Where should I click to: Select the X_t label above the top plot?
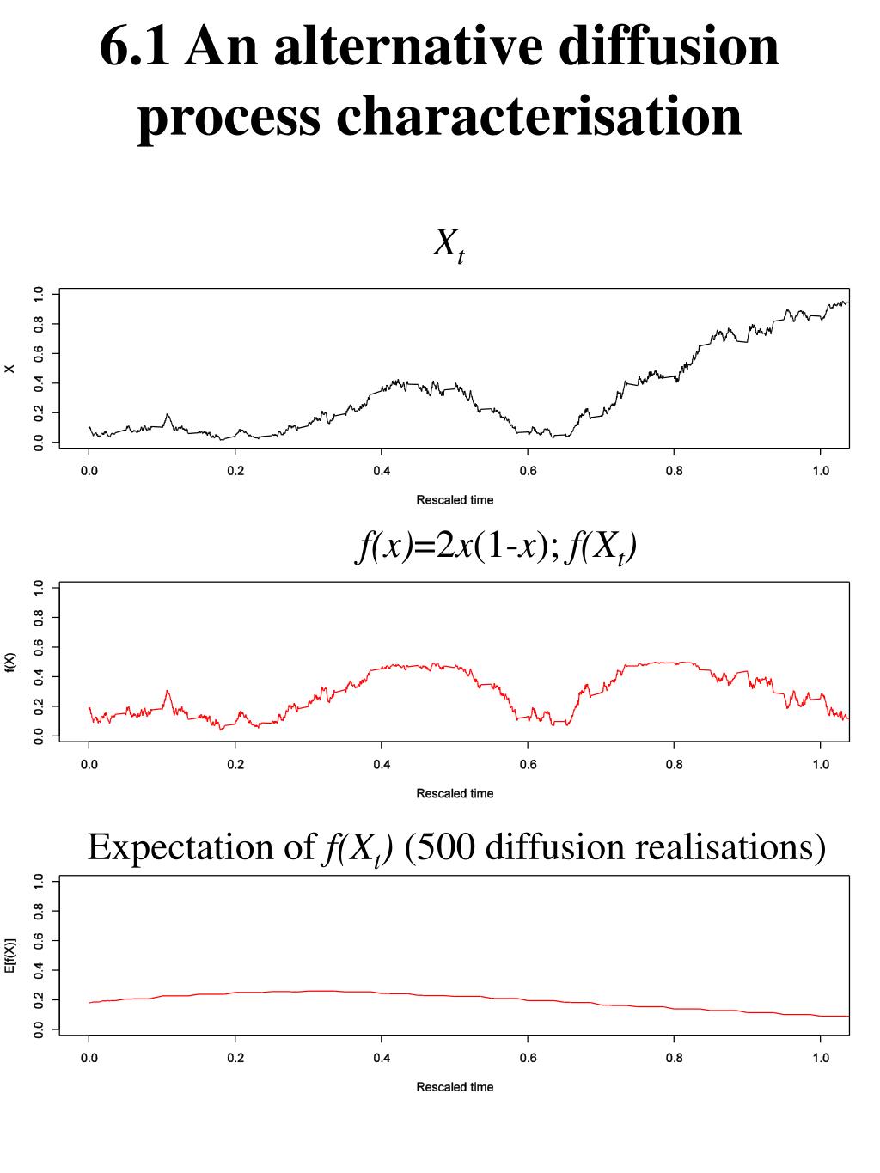pos(448,246)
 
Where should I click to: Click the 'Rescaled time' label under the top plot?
pos(455,500)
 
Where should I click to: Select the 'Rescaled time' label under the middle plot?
pos(455,793)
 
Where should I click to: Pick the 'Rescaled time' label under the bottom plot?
pos(455,1087)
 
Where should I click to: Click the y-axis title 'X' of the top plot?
pos(10,370)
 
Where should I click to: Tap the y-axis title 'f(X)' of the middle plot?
pos(10,663)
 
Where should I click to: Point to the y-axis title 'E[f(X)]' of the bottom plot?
pos(10,956)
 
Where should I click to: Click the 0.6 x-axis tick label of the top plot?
pos(528,471)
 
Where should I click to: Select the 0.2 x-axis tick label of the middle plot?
pos(235,765)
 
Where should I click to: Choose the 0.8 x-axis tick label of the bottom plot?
pos(674,1058)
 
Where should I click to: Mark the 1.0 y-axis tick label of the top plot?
pos(37,295)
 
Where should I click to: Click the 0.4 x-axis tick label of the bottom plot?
pos(382,1058)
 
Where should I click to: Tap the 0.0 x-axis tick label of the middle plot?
pos(89,765)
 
